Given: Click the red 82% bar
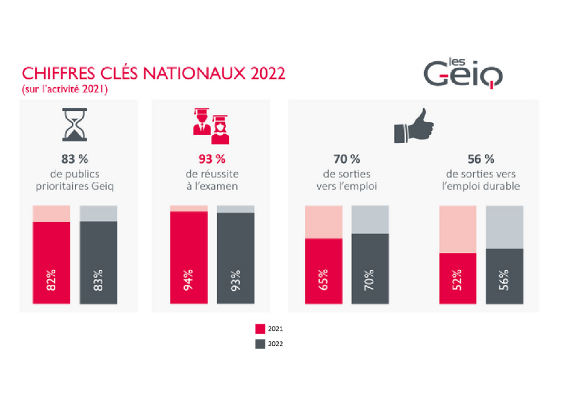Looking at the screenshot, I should [51, 263].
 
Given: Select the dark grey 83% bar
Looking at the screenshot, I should [98, 263].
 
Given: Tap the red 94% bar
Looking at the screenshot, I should [189, 258].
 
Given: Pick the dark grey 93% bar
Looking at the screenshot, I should [236, 258].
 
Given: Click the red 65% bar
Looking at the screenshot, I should [323, 272].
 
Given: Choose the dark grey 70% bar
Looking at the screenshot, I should [370, 269].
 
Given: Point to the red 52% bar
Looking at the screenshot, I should [458, 279].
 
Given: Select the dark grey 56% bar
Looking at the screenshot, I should [505, 276].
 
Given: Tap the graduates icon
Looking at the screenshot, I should [210, 123].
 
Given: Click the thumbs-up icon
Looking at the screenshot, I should [415, 126].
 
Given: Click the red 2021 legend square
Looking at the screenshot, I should [260, 328].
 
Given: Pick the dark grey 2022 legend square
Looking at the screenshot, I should [260, 344].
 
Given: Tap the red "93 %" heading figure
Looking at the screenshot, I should [212, 159].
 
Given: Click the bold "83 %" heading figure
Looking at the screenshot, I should [74, 159].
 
